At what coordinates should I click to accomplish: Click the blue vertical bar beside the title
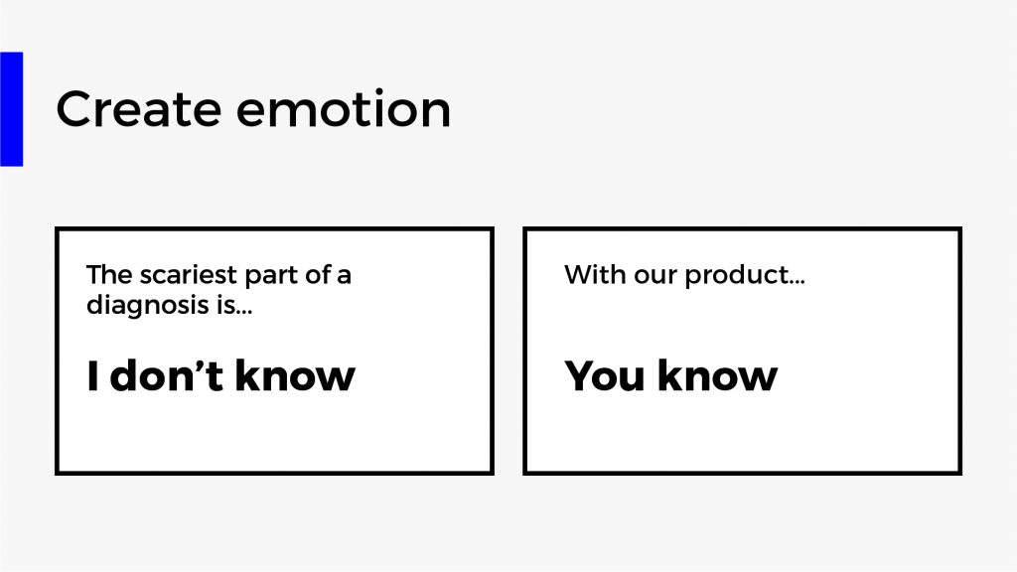click(12, 109)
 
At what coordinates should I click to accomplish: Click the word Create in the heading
click(138, 109)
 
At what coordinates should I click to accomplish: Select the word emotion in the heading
click(343, 109)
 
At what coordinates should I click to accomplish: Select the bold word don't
click(167, 375)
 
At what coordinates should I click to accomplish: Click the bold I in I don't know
click(92, 376)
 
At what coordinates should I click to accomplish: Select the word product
click(737, 276)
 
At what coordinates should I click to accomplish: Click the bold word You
click(606, 375)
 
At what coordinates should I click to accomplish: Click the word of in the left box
click(318, 274)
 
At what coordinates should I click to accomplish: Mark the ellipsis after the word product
click(798, 283)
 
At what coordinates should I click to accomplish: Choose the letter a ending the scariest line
click(344, 277)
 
